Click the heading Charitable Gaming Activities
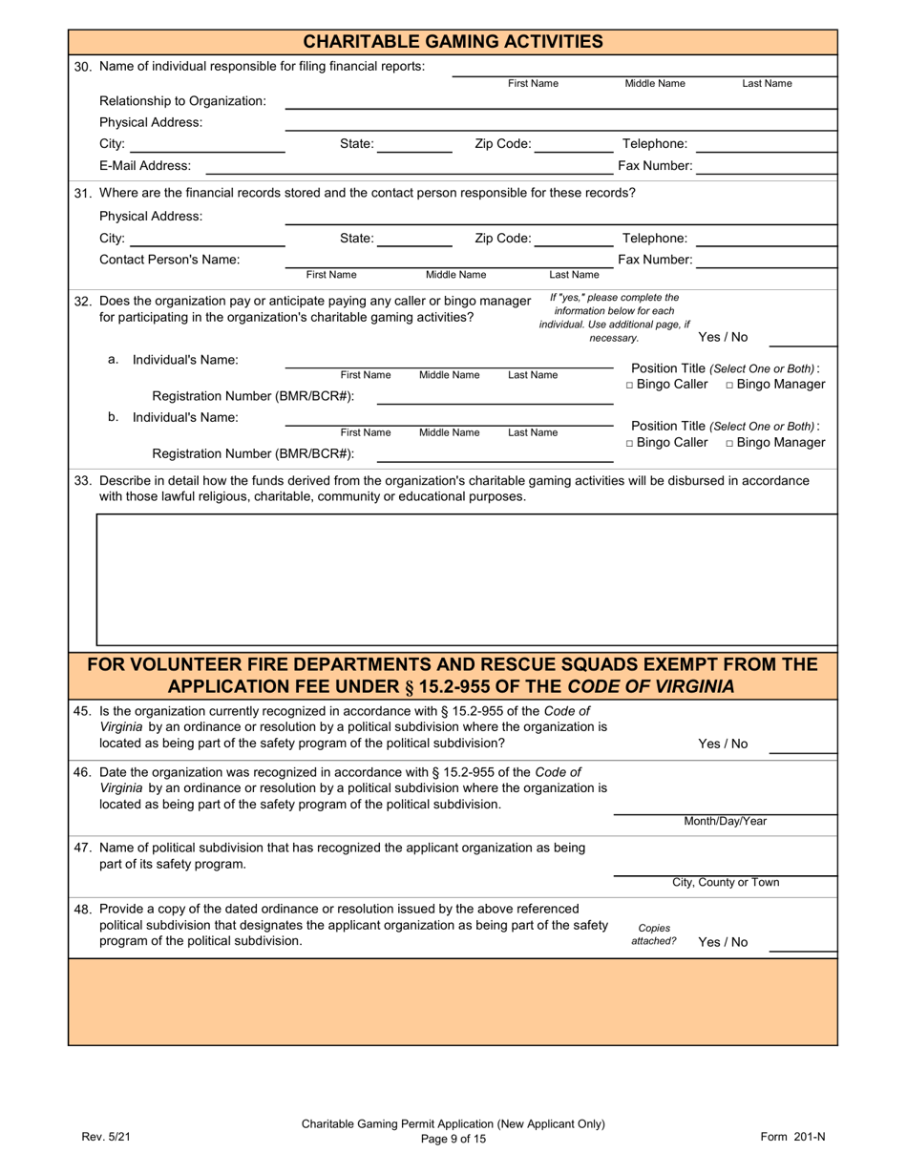(x=453, y=41)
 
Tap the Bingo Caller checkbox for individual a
(x=629, y=385)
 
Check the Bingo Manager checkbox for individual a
(x=729, y=385)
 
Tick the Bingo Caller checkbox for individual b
(x=629, y=444)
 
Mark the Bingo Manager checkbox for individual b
(x=729, y=444)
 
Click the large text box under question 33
(x=466, y=579)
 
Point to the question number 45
(x=83, y=711)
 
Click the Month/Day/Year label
(x=725, y=822)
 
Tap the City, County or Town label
(x=725, y=883)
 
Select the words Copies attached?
(x=654, y=934)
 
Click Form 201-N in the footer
(x=791, y=1136)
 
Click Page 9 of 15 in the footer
(x=453, y=1138)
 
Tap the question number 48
(x=83, y=909)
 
